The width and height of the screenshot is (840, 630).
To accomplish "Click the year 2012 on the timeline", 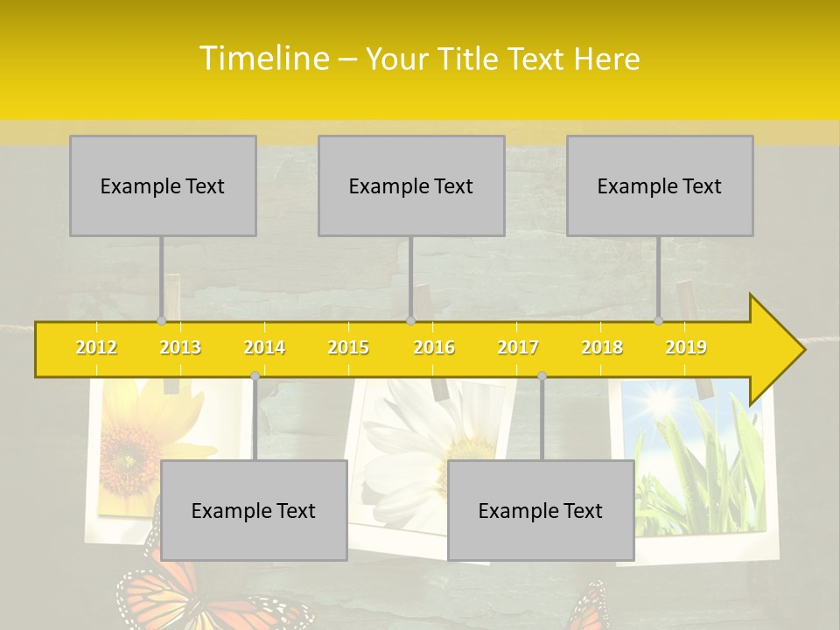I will (96, 348).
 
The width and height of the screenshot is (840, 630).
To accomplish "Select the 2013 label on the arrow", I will (180, 348).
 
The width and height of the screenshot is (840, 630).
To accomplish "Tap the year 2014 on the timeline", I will (264, 348).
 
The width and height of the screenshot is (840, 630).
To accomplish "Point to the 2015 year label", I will (348, 348).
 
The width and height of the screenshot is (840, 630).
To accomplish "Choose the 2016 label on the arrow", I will (434, 348).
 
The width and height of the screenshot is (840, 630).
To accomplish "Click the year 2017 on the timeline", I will (518, 348).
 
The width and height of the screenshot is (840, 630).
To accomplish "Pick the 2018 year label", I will (602, 348).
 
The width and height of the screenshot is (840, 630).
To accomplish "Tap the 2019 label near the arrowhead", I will (686, 348).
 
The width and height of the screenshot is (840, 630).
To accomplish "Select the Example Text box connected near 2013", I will (163, 186).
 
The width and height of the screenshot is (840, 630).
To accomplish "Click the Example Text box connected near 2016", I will (411, 186).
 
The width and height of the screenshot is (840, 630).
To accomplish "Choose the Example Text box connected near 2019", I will (660, 186).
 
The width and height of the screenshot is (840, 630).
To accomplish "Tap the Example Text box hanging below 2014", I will (254, 511).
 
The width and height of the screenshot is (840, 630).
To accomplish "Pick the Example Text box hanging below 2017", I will (541, 511).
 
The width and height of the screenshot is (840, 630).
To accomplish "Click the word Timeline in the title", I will (262, 59).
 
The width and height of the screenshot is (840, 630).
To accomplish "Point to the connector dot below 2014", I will (255, 375).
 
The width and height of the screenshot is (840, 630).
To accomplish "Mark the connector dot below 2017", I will (542, 375).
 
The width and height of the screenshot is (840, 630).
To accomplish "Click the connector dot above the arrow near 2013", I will (161, 320).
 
